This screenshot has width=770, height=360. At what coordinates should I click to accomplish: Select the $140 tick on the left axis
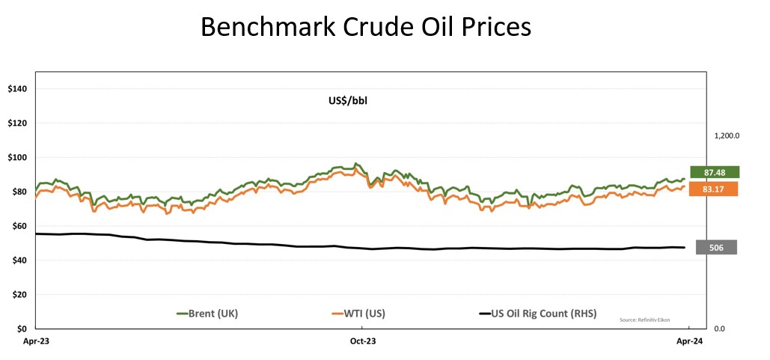click(16, 89)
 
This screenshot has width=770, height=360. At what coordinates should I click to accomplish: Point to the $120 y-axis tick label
click(16, 123)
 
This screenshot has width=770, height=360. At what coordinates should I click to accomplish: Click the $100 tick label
click(16, 158)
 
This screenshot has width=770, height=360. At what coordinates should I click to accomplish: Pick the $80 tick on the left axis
click(19, 192)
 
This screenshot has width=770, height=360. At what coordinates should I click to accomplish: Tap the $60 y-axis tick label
click(19, 226)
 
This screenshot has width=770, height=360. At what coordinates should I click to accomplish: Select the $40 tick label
click(19, 260)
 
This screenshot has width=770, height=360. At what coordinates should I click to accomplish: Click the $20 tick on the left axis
click(19, 295)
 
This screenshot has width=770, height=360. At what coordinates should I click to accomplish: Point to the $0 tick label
click(21, 329)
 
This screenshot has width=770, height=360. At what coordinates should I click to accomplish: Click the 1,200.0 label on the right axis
click(727, 136)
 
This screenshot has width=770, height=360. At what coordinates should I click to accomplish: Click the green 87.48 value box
click(715, 172)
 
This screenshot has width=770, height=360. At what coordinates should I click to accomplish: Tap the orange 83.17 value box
click(715, 189)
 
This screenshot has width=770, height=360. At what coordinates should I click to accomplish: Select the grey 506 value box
click(716, 247)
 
